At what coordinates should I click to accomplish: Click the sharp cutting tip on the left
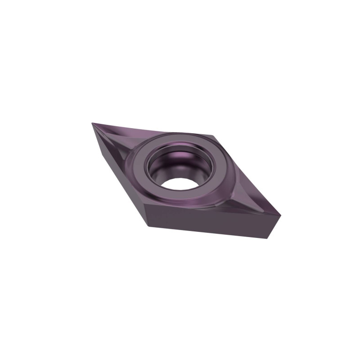92,124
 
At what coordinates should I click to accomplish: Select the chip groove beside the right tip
256,199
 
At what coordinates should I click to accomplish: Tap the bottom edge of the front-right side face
211,232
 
